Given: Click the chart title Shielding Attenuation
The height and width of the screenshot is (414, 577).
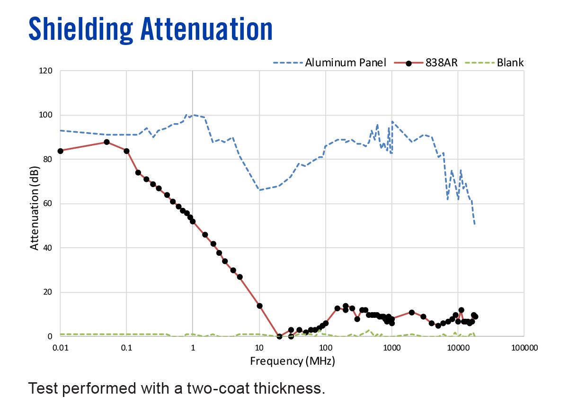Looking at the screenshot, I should (x=151, y=29).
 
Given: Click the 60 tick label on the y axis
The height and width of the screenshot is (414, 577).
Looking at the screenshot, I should (x=48, y=204).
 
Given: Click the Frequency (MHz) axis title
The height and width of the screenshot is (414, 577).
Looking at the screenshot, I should (x=293, y=361).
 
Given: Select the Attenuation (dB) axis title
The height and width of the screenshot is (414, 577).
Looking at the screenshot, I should (x=34, y=204).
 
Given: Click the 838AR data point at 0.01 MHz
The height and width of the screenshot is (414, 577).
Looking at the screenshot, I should (x=60, y=151).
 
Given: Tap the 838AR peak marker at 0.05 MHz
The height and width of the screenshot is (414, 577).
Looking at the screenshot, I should (x=107, y=142).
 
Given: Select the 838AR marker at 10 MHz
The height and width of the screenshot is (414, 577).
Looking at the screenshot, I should (x=259, y=306).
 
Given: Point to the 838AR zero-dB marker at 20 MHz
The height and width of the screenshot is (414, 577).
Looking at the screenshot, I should (x=279, y=336).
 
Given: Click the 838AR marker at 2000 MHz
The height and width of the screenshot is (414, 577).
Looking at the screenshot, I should (x=412, y=312).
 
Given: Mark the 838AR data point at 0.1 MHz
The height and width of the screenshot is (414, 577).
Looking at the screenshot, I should (x=126, y=151).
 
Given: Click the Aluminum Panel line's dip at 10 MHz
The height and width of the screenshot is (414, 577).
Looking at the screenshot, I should (x=259, y=189).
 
